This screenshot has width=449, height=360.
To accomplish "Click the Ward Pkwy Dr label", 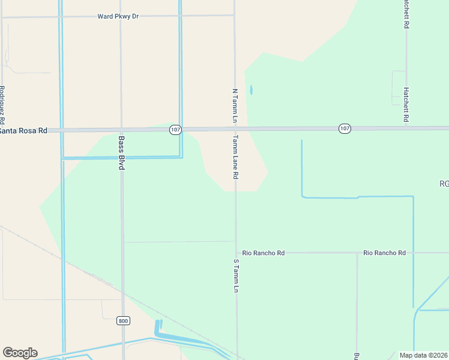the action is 118,16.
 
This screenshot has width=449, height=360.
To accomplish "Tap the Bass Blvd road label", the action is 121,153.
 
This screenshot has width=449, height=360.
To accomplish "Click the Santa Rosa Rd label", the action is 23,131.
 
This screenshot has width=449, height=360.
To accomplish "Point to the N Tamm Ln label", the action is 235,106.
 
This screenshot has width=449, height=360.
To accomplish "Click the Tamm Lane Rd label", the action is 236,157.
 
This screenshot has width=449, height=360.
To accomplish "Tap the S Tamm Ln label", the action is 236,275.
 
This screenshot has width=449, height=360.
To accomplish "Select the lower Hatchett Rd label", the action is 406,106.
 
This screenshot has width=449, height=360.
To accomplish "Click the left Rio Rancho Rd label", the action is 264,253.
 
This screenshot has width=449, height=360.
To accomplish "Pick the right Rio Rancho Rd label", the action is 385,253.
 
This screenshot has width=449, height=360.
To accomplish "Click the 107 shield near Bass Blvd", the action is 175,130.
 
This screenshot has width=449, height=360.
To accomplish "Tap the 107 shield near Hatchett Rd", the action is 344,128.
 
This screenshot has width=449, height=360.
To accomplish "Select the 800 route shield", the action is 123,321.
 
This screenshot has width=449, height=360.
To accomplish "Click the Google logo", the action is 20,353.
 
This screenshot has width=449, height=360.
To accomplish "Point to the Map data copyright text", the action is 423,355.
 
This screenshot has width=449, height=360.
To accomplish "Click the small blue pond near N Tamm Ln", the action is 251,91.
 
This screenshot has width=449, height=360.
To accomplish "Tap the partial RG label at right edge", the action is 444,184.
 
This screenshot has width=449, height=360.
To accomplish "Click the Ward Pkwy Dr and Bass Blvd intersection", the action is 121,16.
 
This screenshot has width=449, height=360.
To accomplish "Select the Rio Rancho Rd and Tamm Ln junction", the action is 236,253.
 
